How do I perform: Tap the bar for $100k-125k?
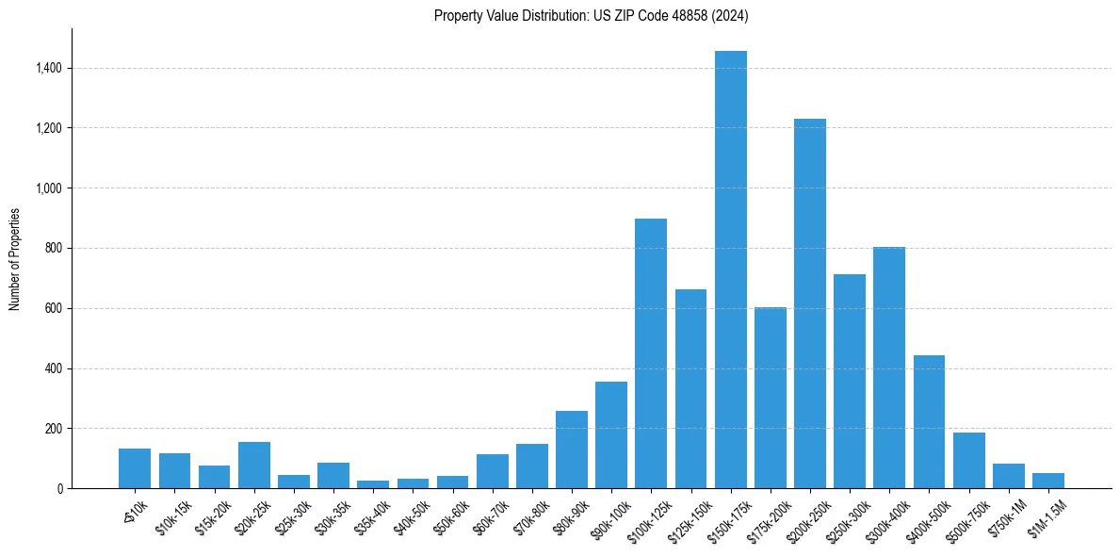coord(651,353)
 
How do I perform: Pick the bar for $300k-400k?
coord(889,368)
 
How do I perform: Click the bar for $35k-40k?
coord(373,484)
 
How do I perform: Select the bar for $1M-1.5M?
coord(1048,481)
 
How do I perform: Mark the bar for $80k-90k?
coord(572,450)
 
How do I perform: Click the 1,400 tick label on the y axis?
coord(48,68)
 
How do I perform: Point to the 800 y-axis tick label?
coord(53,248)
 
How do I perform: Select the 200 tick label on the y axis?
coord(53,429)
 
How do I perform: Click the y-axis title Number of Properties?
coord(14,259)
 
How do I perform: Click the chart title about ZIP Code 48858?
coord(591,15)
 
